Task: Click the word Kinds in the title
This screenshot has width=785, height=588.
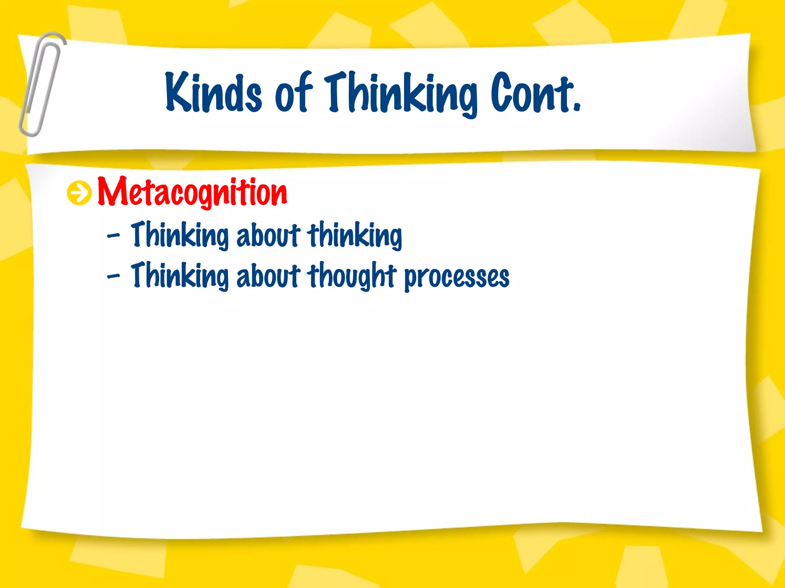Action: click(x=213, y=93)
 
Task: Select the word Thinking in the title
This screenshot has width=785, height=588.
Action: click(x=401, y=94)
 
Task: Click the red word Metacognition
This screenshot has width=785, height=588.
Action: click(x=192, y=193)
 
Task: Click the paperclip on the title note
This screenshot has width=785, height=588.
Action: click(x=41, y=84)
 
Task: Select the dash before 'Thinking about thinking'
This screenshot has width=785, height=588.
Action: click(x=113, y=236)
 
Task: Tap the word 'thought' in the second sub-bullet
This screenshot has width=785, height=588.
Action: click(x=351, y=276)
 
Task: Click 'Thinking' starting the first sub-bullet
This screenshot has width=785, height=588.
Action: click(x=179, y=235)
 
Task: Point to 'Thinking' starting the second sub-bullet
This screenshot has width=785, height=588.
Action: click(x=179, y=276)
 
